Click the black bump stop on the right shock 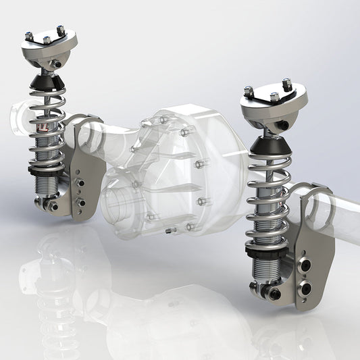pyautogui.click(x=269, y=143)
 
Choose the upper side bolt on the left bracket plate pyautogui.click(x=81, y=182)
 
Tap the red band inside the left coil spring pyautogui.click(x=42, y=126)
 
